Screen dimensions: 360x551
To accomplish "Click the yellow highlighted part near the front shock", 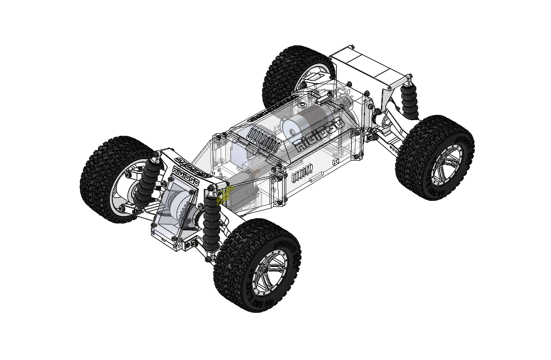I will [x=225, y=194].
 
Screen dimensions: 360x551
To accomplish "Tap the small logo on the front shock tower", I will [x=185, y=173].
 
